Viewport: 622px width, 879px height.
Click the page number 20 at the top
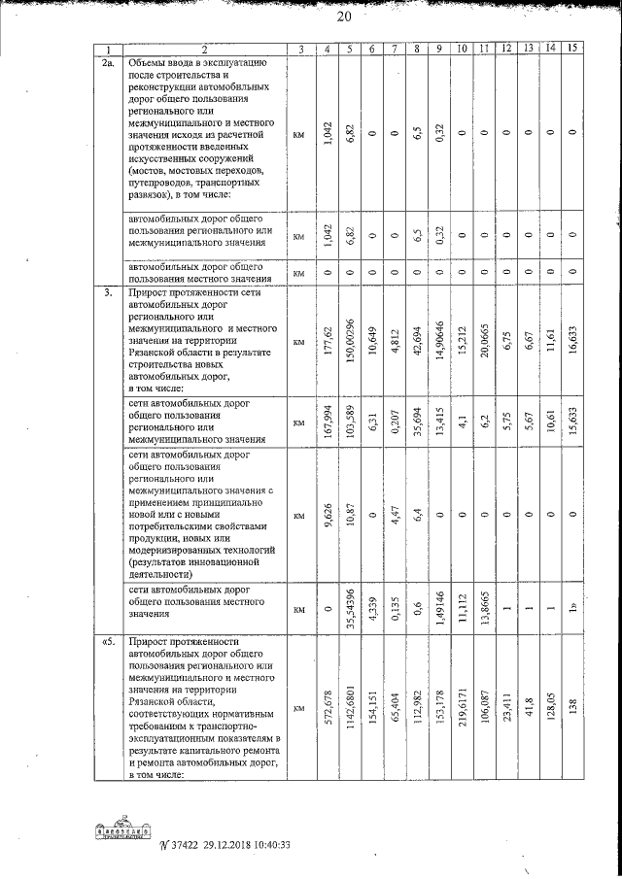pyautogui.click(x=343, y=16)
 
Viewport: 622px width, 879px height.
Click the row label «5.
pyautogui.click(x=110, y=642)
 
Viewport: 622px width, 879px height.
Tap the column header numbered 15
pyautogui.click(x=573, y=50)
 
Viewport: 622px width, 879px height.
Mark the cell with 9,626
pyautogui.click(x=328, y=513)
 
